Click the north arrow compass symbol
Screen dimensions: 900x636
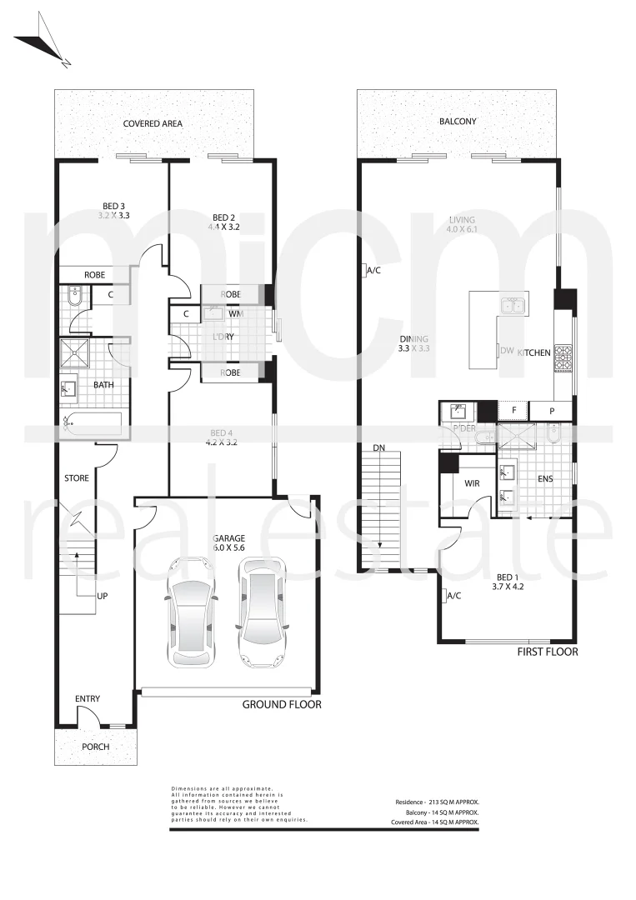click(43, 43)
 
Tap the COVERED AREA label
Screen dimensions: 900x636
click(153, 123)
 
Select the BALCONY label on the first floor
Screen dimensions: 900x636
click(458, 121)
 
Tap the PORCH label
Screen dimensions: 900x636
click(95, 747)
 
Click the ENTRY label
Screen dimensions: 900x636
click(88, 698)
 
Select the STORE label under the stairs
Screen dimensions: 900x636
click(77, 478)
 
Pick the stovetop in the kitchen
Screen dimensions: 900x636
click(564, 360)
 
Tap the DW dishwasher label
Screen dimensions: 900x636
click(507, 352)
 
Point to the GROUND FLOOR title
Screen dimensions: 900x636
click(282, 704)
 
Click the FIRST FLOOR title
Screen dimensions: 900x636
click(547, 652)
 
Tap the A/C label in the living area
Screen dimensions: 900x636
click(372, 270)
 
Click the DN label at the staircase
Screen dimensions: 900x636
click(378, 447)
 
